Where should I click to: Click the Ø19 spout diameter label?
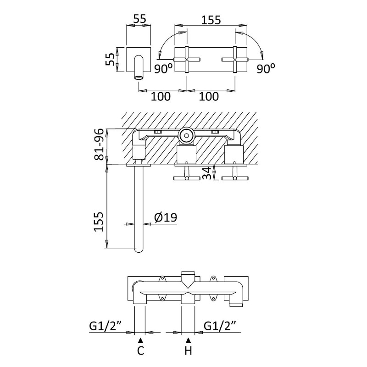[x=166, y=217]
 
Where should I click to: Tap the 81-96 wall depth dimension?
[x=99, y=145]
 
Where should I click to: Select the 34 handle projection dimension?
[x=207, y=173]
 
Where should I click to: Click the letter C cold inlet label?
[x=140, y=350]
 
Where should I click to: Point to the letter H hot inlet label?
[x=189, y=350]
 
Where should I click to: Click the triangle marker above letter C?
[x=140, y=340]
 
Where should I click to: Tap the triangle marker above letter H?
[x=189, y=340]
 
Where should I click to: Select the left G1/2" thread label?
[x=106, y=326]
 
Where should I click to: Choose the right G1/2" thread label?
[x=220, y=326]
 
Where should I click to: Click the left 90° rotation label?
[x=163, y=68]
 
